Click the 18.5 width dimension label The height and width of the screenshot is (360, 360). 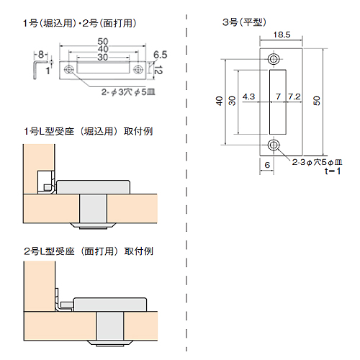click(282, 35)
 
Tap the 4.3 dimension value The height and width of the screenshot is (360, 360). click(248, 96)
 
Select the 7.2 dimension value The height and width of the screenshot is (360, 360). click(294, 96)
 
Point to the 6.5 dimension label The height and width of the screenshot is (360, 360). click(160, 55)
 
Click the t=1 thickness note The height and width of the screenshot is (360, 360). click(333, 171)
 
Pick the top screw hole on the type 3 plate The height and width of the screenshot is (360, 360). click(274, 59)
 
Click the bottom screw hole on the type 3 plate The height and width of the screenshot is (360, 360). click(274, 145)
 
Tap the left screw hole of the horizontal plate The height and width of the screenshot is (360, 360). click(69, 70)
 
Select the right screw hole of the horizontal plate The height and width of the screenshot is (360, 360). click(138, 70)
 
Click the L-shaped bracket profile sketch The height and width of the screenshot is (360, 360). click(35, 70)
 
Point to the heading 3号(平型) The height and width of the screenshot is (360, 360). click(244, 22)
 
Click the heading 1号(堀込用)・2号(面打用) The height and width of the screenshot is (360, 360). click(80, 24)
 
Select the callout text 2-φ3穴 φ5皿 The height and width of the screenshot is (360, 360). click(128, 92)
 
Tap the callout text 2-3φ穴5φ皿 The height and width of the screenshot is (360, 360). click(317, 162)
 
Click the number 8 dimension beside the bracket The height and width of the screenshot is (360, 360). click(41, 55)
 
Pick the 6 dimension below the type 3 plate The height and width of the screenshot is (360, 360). click(267, 165)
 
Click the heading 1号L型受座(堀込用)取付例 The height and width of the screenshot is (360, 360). click(89, 132)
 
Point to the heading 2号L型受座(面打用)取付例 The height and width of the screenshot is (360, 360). click(89, 251)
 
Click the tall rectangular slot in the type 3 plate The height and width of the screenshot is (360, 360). click(278, 102)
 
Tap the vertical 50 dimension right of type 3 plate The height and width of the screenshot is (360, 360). click(317, 101)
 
